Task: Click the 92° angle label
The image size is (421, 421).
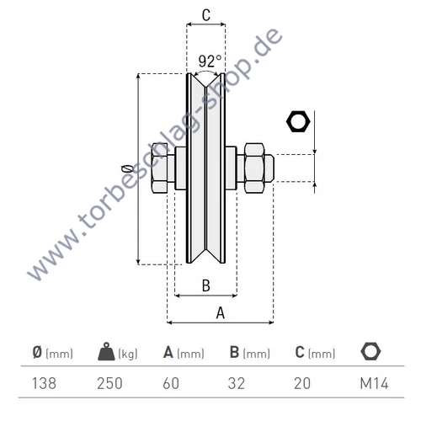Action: (210, 61)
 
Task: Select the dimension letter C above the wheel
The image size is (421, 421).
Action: (205, 13)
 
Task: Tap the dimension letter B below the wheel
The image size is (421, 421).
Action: (205, 285)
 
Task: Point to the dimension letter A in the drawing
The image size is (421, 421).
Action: (221, 312)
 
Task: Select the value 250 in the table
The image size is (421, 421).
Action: (110, 383)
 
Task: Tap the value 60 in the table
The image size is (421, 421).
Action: (171, 383)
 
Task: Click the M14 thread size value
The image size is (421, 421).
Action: (370, 383)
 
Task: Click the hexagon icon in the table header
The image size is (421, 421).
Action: (368, 352)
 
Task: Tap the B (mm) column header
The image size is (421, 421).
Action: (250, 353)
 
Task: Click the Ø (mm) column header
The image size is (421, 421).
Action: (51, 353)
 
